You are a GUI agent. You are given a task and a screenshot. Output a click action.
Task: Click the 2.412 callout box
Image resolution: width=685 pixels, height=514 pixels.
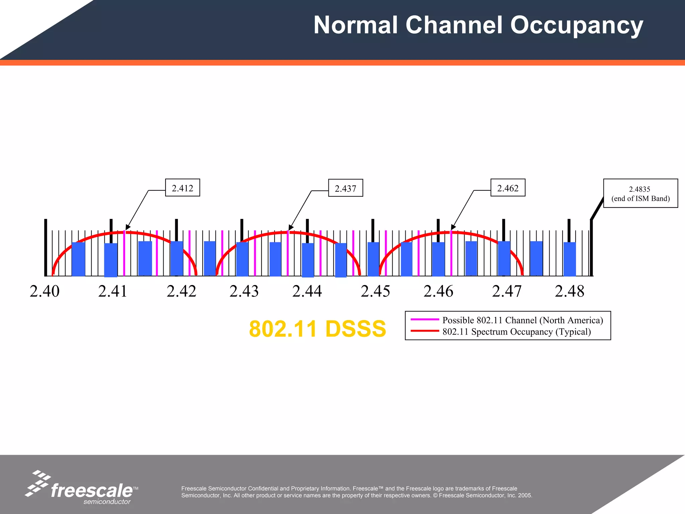(183, 188)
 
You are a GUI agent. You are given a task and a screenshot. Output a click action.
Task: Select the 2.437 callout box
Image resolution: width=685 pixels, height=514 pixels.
(346, 188)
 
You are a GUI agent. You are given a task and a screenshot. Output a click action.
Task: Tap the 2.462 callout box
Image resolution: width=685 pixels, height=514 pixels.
(508, 188)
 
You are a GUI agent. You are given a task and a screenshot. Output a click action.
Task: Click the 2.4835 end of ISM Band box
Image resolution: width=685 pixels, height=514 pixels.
(640, 193)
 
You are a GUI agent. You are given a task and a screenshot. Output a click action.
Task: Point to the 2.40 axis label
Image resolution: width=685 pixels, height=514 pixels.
(44, 291)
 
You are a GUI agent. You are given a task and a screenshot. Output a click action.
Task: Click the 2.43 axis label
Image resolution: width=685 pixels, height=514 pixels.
(244, 291)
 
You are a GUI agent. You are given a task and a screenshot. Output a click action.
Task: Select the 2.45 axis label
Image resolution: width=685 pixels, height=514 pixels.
(375, 291)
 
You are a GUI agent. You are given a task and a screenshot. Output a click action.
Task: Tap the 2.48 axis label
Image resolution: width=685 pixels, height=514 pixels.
(569, 291)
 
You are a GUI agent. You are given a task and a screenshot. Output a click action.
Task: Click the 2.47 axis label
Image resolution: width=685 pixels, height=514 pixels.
(506, 291)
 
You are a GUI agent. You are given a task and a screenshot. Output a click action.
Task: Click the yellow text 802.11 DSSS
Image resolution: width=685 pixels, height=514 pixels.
(317, 329)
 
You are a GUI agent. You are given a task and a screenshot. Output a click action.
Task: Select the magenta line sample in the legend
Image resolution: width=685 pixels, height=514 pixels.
(424, 320)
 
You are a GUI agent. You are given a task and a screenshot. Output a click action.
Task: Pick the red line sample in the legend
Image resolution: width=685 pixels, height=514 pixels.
(424, 331)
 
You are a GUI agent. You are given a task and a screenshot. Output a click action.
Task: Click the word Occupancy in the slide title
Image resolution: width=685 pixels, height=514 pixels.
(576, 25)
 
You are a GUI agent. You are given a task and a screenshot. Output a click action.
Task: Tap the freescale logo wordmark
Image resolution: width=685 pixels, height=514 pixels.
(92, 491)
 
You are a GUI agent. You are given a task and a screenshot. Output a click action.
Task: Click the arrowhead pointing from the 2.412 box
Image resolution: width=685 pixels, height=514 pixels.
(127, 227)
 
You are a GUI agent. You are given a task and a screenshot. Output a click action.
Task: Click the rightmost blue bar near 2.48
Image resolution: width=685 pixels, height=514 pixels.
(570, 259)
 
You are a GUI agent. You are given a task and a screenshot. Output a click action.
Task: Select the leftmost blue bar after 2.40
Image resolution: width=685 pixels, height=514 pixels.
(78, 259)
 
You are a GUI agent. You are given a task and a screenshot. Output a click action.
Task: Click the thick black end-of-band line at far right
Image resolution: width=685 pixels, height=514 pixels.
(591, 248)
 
